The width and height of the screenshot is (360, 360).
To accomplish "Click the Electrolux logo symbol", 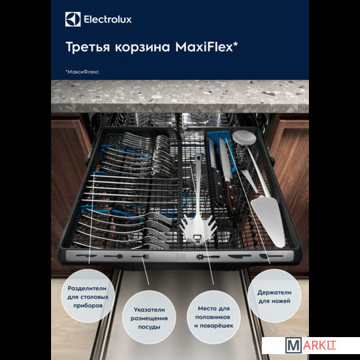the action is click(x=73, y=19).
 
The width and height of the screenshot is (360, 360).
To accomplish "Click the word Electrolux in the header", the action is click(x=107, y=20).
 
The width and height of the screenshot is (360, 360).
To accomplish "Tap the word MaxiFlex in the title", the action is click(x=206, y=47).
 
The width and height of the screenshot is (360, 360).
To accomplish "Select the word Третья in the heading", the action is click(x=88, y=47).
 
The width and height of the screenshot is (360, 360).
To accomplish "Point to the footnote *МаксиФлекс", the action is click(x=82, y=72).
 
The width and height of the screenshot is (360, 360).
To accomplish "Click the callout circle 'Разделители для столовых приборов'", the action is click(x=88, y=296).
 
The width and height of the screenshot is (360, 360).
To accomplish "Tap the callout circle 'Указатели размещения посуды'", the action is click(x=149, y=317).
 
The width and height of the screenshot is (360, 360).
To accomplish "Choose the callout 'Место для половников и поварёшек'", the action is click(x=213, y=317).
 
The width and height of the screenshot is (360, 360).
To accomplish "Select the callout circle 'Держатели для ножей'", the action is click(x=274, y=296).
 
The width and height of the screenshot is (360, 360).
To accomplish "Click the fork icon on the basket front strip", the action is click(x=140, y=256).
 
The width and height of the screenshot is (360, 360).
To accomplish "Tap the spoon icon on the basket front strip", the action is click(x=113, y=256).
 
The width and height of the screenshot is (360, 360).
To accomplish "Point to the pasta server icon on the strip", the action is click(x=207, y=257).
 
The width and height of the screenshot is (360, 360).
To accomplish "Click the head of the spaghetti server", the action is click(x=198, y=228).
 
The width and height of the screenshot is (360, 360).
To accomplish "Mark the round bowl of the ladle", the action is click(x=244, y=137).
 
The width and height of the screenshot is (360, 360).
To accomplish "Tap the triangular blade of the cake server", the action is click(x=269, y=221).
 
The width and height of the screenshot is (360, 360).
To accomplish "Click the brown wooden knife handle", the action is click(x=231, y=197).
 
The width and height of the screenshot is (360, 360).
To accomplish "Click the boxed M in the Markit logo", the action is click(x=293, y=345).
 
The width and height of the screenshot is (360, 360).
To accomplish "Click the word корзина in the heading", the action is click(x=142, y=48).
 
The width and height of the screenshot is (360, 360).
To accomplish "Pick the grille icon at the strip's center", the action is click(x=180, y=257).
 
